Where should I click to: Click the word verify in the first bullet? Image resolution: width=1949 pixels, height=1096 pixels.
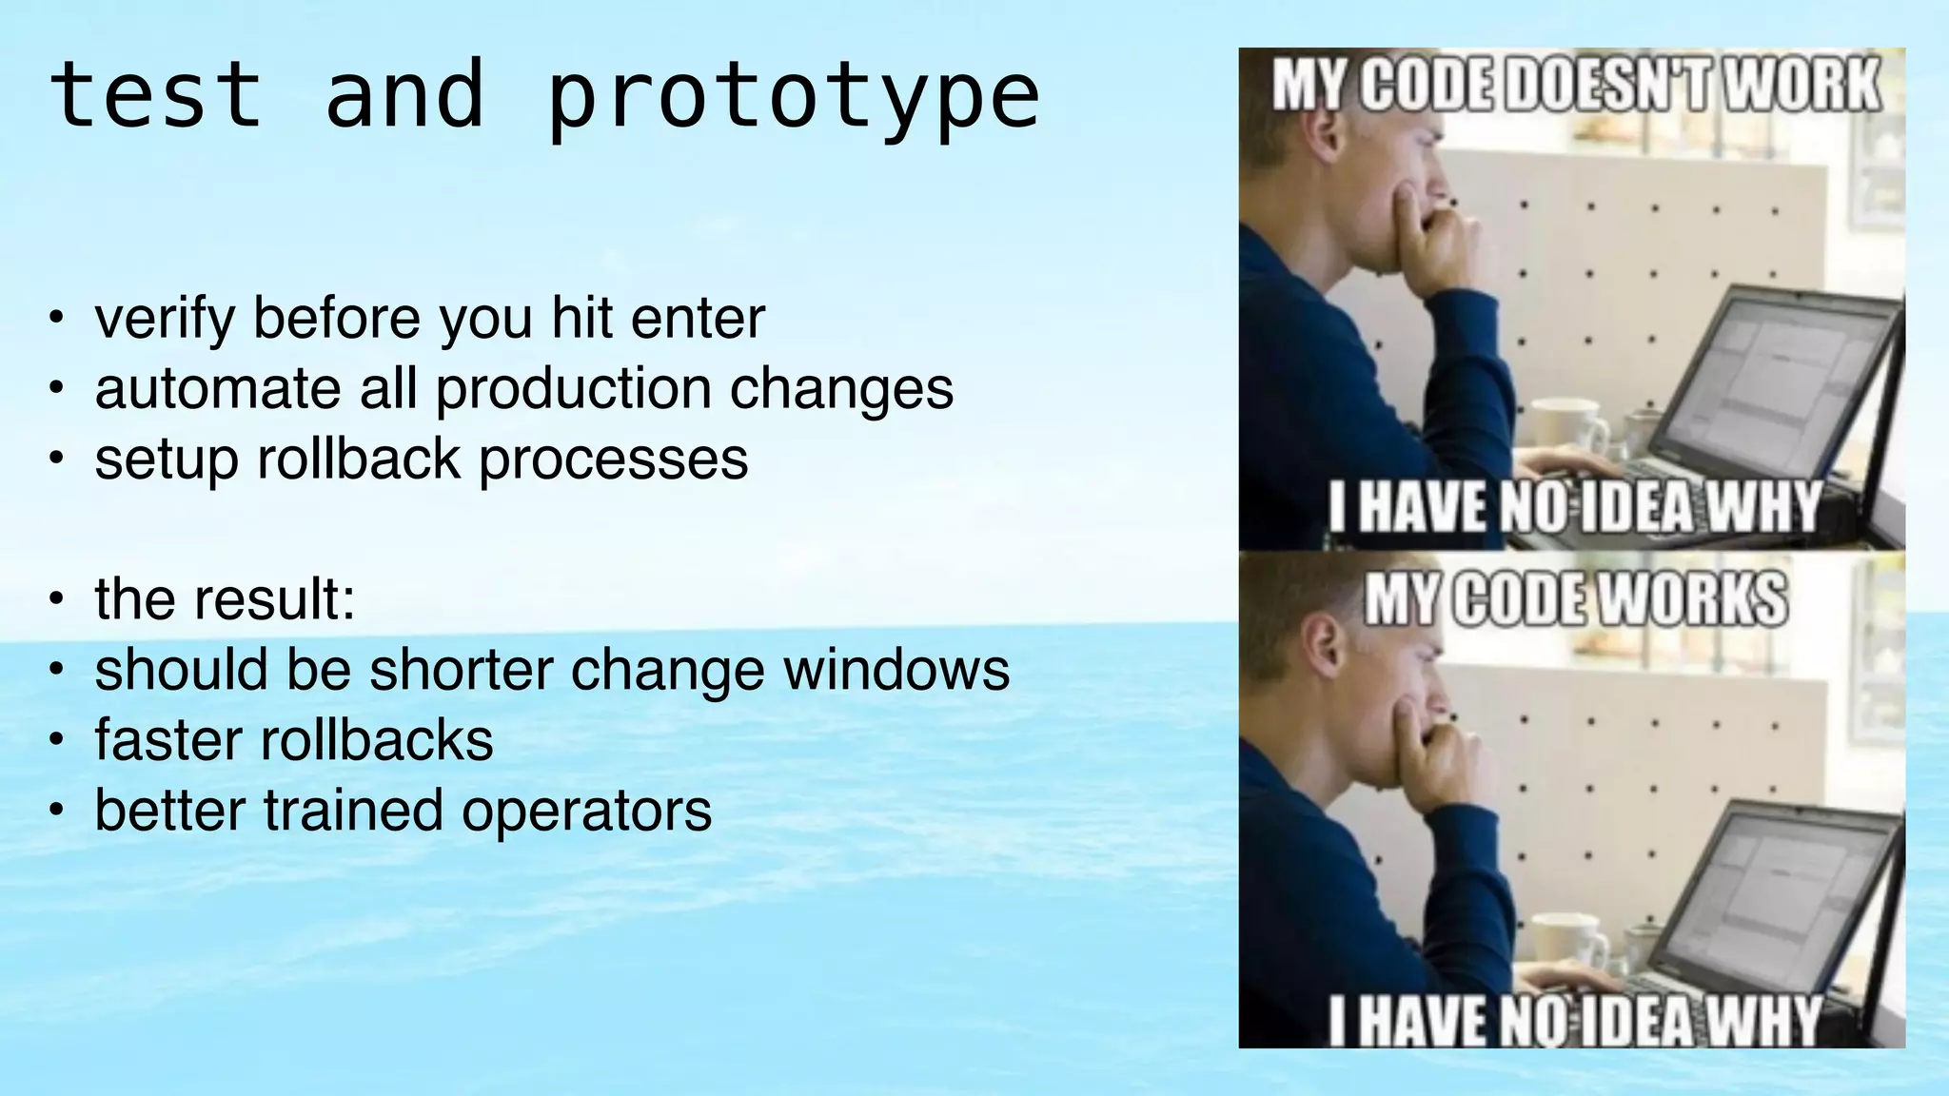tap(164, 319)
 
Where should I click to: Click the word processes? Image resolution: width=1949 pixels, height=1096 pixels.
tap(613, 460)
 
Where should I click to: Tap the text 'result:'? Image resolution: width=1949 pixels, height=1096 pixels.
tap(274, 599)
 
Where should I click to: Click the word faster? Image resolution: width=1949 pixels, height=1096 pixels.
tap(167, 740)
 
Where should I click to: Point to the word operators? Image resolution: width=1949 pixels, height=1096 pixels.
tap(586, 811)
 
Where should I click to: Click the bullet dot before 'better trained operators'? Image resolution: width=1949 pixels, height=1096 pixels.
tap(57, 811)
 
